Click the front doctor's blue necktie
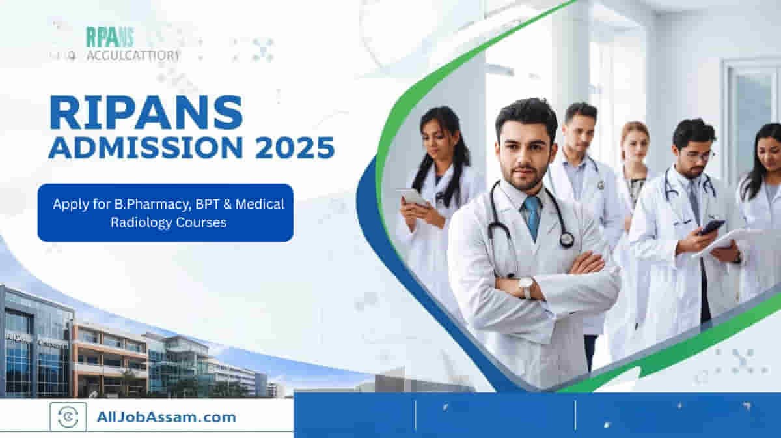tap(532, 215)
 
